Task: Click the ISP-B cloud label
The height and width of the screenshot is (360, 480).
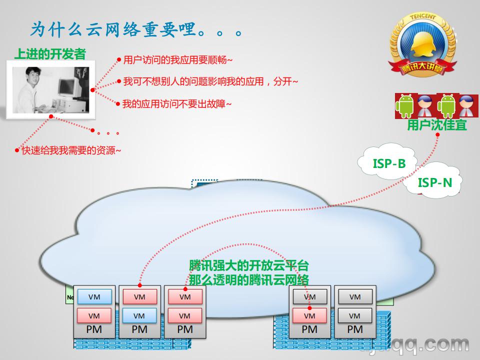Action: coord(389,163)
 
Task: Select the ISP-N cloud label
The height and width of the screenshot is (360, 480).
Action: coord(434,182)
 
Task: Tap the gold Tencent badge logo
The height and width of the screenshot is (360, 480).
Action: coord(422,47)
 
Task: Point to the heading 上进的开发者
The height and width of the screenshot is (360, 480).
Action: coord(50,54)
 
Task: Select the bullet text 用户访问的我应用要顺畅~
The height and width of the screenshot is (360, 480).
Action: coord(178,60)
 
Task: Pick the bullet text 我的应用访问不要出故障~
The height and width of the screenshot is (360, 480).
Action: coord(177,104)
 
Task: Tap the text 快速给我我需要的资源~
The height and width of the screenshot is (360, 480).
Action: coord(71,150)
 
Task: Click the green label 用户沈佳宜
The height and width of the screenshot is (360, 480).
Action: coord(436,125)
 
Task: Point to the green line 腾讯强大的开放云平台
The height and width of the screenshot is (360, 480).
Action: coord(248,265)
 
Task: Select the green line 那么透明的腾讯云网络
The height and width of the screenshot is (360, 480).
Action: coord(248,279)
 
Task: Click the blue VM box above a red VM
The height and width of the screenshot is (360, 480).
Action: coord(94,297)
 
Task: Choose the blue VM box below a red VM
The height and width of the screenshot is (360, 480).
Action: coord(139,316)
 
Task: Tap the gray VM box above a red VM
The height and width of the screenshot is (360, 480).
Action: coord(309,297)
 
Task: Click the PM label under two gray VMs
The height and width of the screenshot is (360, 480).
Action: coord(354,329)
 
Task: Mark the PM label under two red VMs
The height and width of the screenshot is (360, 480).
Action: coord(184,329)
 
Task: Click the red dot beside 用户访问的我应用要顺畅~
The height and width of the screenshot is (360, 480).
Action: coord(119,60)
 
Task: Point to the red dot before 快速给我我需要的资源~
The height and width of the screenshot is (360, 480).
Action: coord(16,150)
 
